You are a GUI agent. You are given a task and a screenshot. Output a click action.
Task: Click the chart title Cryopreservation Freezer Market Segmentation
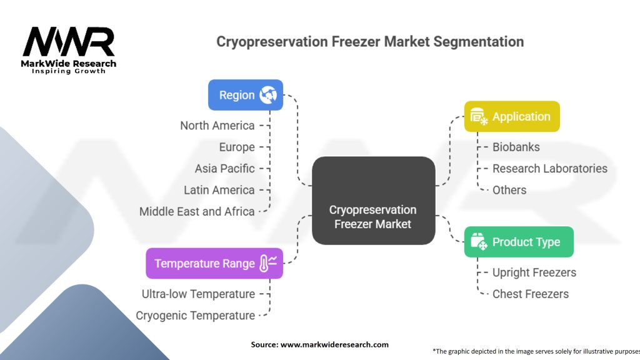click(x=370, y=42)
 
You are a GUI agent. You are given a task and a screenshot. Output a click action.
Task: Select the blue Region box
click(x=245, y=95)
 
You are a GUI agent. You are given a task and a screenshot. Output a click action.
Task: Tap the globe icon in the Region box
click(x=268, y=95)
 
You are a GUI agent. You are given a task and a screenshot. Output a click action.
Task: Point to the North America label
click(x=217, y=126)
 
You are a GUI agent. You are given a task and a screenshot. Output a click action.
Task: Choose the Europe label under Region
click(x=236, y=147)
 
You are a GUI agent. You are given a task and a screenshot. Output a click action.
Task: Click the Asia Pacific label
click(x=224, y=169)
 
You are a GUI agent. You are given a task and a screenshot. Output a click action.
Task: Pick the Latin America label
click(x=219, y=190)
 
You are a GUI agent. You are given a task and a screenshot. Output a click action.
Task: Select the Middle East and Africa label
click(x=197, y=212)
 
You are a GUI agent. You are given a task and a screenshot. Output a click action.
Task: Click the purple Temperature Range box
click(x=214, y=263)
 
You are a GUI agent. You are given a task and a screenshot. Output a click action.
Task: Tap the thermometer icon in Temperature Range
click(x=267, y=263)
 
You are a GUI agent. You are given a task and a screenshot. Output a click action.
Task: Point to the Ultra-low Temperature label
click(x=198, y=294)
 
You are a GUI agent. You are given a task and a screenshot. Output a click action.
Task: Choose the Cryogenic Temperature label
click(x=195, y=316)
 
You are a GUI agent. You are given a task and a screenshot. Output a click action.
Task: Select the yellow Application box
click(x=511, y=117)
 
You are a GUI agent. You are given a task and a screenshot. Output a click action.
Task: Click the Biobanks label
click(x=516, y=147)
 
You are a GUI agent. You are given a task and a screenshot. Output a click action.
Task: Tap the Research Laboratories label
click(x=549, y=169)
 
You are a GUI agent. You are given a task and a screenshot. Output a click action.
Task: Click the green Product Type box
click(x=518, y=242)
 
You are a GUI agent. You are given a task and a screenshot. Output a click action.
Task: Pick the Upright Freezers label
click(x=534, y=272)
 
